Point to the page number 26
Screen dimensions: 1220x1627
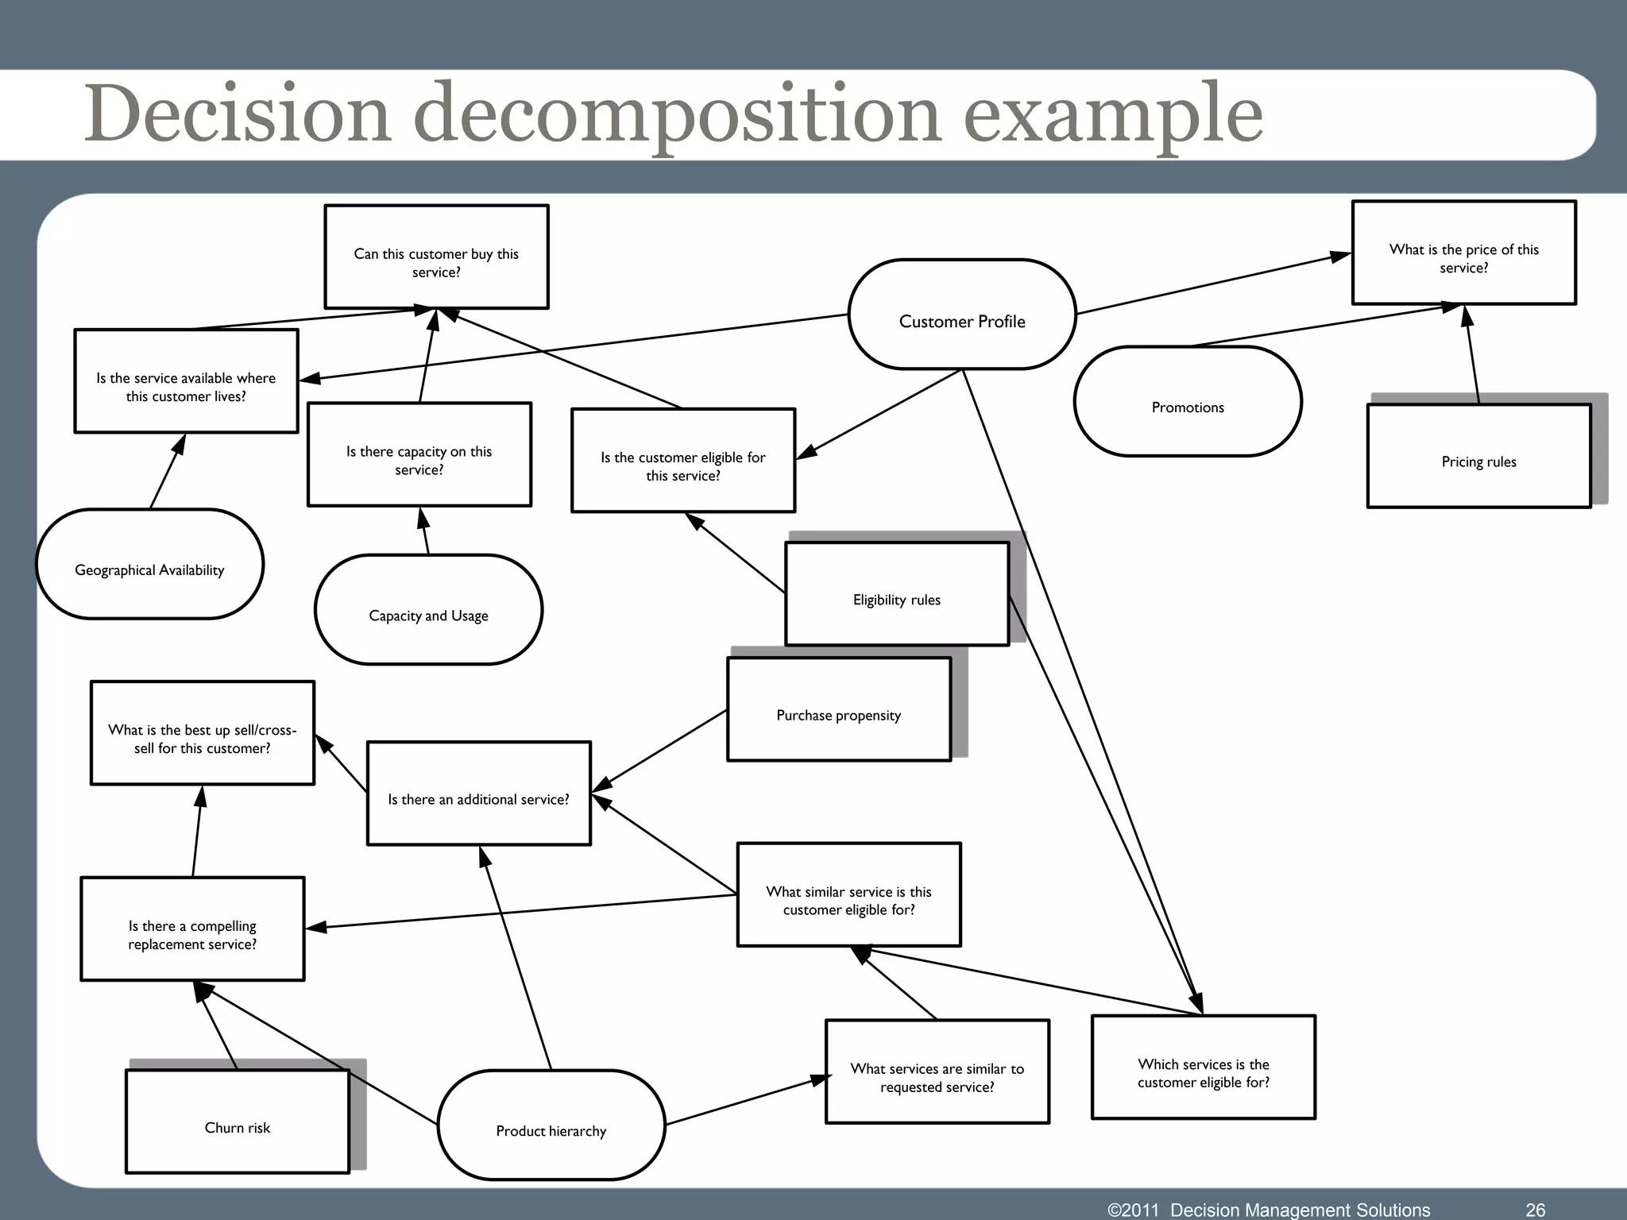1535,1210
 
